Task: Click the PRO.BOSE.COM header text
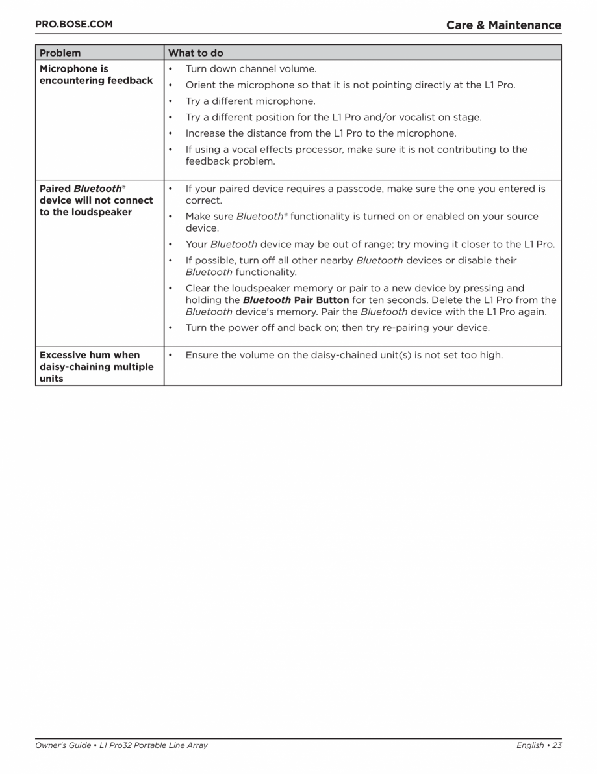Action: (73, 25)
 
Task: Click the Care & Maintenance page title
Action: (503, 25)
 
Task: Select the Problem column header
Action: (60, 53)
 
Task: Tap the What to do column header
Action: (196, 53)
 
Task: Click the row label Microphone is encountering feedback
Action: (96, 75)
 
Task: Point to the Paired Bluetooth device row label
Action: (96, 200)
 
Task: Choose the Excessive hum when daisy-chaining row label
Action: (96, 367)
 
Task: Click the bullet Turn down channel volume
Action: (251, 69)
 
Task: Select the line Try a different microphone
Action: (250, 101)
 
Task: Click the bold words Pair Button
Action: (322, 300)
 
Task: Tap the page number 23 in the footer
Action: (557, 745)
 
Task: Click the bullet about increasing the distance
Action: (321, 133)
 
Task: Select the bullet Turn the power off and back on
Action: (337, 328)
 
